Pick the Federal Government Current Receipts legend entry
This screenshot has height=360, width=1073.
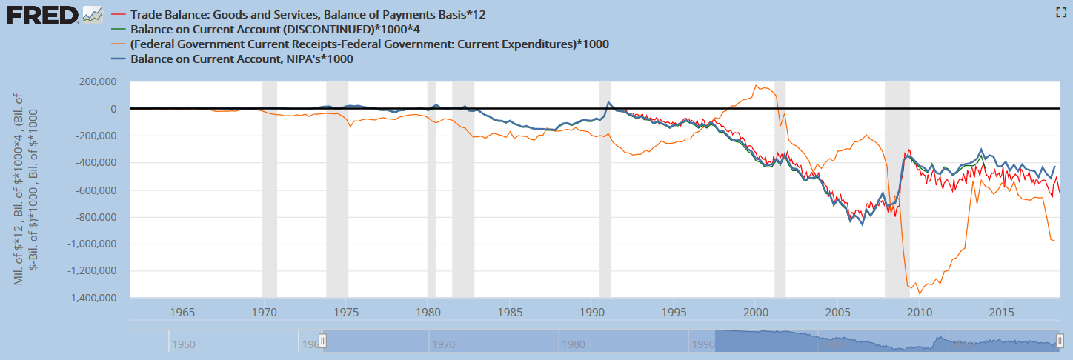(x=369, y=44)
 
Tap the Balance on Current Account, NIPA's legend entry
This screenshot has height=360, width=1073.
(x=242, y=59)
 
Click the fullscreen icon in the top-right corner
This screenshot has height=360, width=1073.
(x=1060, y=11)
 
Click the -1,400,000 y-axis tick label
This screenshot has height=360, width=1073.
(x=93, y=298)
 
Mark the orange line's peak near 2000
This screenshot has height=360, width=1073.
(x=756, y=85)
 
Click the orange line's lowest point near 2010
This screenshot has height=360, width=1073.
(x=920, y=294)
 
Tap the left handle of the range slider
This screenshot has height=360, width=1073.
(x=322, y=341)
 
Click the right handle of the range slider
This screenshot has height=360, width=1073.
(x=1060, y=341)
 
